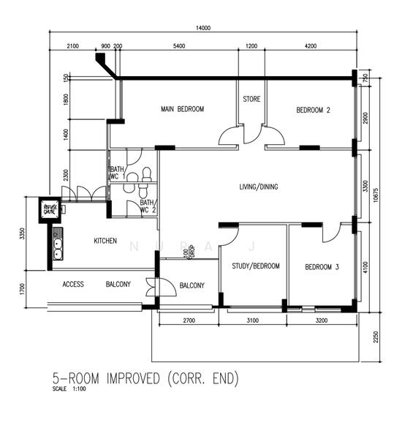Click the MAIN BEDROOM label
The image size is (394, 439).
pos(182,110)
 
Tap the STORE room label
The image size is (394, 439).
pos(251,100)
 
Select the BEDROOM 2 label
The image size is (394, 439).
pos(313,110)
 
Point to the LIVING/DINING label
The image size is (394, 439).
pos(258,187)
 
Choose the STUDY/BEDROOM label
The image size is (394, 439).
pos(251,266)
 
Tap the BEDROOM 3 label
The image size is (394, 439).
pos(322,267)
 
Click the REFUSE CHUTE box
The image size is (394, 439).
pos(50,210)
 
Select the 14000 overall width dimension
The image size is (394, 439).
pos(202,29)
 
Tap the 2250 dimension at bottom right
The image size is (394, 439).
pos(374,337)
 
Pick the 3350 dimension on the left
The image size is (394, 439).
pos(23,233)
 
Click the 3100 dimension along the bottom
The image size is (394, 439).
pos(254,320)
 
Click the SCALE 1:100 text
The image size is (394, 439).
pos(70,389)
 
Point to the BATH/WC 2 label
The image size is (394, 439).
pos(147,206)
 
